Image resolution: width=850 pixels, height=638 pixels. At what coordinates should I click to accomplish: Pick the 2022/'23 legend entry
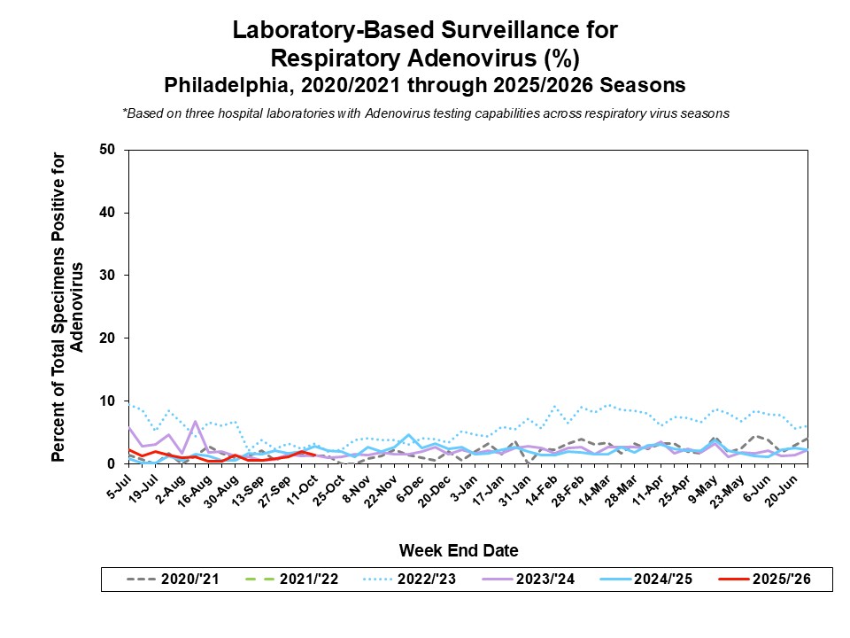[x=412, y=580]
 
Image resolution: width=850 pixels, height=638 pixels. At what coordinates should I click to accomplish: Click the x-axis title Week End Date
[x=458, y=550]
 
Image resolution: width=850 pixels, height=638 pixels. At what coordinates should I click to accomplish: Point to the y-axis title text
[x=68, y=307]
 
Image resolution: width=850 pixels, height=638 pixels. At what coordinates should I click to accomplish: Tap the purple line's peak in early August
[x=195, y=421]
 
